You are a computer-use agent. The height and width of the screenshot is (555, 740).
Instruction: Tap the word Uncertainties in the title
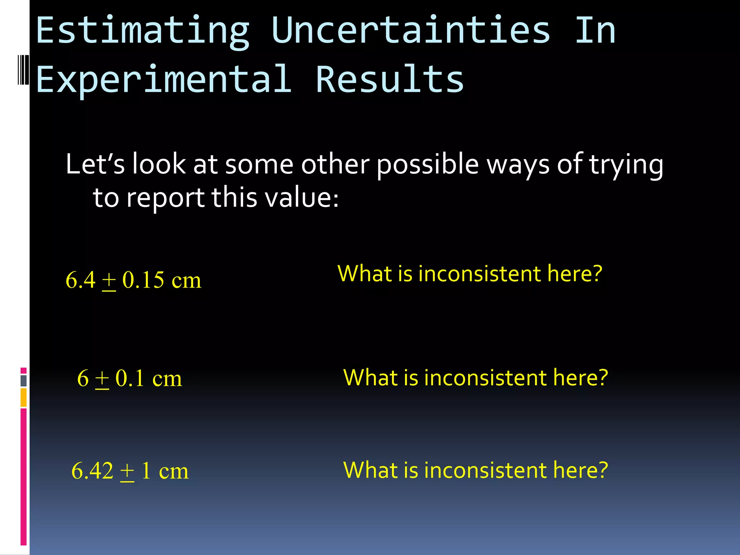(x=411, y=30)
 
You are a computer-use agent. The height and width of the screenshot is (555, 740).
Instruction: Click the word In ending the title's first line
(x=595, y=30)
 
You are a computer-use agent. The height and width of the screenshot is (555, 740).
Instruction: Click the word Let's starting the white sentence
(x=95, y=164)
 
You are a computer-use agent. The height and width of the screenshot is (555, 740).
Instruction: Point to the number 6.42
(x=92, y=471)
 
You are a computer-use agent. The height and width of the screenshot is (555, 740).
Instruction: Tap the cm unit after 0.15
(x=186, y=280)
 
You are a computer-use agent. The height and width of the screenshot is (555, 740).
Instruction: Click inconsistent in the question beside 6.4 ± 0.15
(x=479, y=274)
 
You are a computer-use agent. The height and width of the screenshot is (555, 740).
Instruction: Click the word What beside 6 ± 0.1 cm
(x=371, y=378)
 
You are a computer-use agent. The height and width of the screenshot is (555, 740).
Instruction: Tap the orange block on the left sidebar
(x=23, y=397)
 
